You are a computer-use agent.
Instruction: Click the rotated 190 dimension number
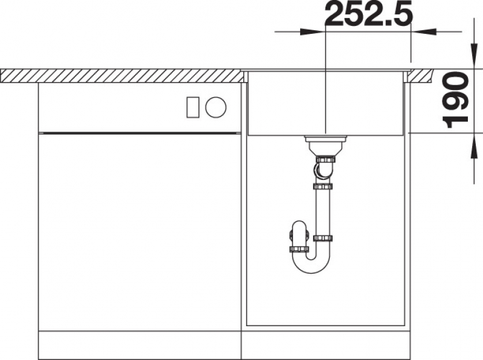[455, 100]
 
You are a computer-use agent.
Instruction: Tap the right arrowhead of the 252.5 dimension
[424, 32]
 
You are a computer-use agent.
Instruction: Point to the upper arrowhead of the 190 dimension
[474, 56]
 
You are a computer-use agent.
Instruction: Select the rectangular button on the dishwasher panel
[193, 107]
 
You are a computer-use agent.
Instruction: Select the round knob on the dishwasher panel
[216, 107]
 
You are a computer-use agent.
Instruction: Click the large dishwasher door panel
[139, 232]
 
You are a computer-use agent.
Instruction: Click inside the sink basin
[326, 103]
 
